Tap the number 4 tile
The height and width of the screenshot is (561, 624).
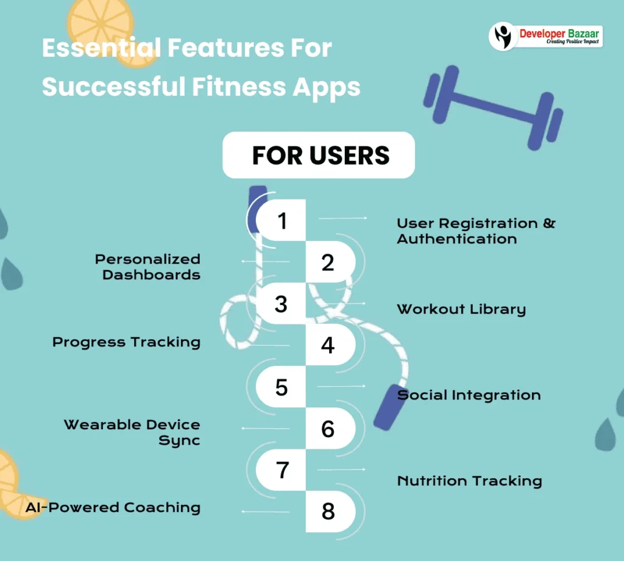328,345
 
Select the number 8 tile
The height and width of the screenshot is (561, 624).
328,511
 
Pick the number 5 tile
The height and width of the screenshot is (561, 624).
281,387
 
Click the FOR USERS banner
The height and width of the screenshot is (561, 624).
319,155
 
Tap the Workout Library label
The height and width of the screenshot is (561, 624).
461,309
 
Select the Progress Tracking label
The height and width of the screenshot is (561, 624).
126,342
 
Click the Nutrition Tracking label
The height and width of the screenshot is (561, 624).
469,481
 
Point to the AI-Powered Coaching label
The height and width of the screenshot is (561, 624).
113,507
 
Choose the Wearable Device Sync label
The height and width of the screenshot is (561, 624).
132,432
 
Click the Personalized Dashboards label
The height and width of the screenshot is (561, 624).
147,267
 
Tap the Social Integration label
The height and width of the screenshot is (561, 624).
469,395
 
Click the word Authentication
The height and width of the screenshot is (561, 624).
457,239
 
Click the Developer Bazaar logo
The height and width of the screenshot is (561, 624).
545,36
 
